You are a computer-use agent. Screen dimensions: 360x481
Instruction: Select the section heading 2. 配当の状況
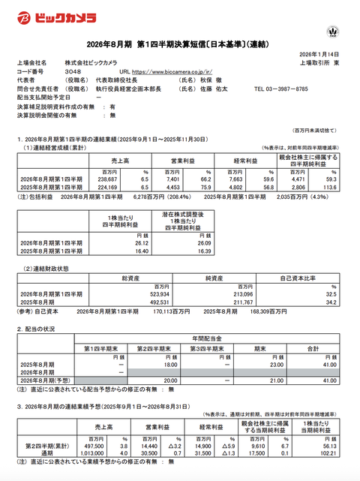click(x=37, y=328)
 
